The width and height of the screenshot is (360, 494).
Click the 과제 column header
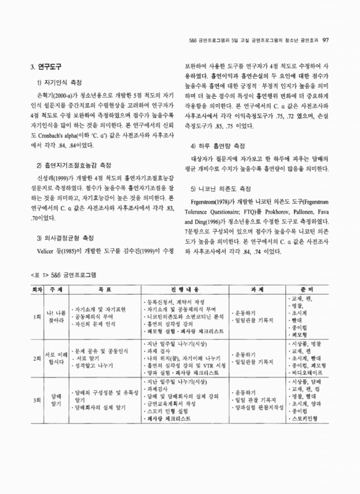coord(256,288)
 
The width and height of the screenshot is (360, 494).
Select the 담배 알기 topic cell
coord(56,408)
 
